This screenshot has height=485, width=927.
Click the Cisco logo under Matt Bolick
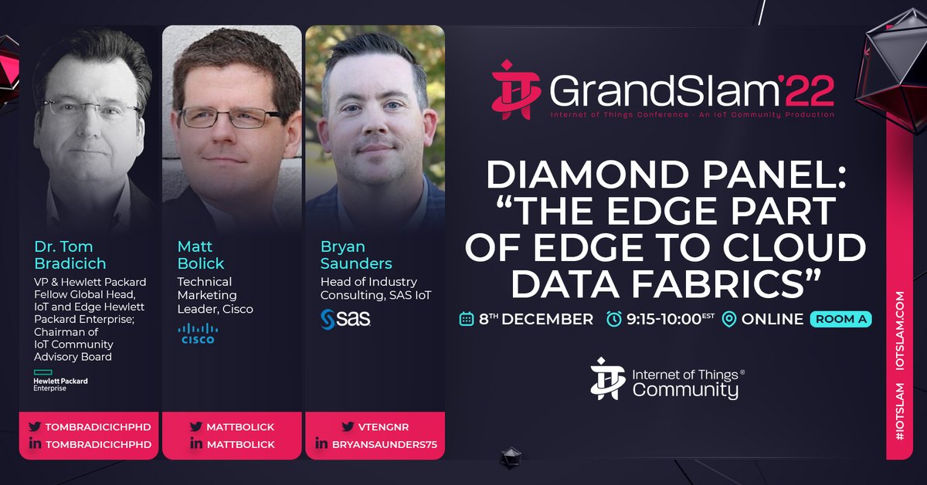coord(199,333)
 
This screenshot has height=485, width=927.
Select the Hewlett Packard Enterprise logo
coord(60,380)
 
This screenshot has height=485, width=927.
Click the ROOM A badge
coord(840,318)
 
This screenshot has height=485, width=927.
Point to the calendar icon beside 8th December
coord(466,319)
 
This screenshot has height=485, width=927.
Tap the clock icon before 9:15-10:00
coord(614,319)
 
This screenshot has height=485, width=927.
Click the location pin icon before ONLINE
coord(728,319)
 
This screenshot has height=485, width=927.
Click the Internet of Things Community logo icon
coord(606,378)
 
